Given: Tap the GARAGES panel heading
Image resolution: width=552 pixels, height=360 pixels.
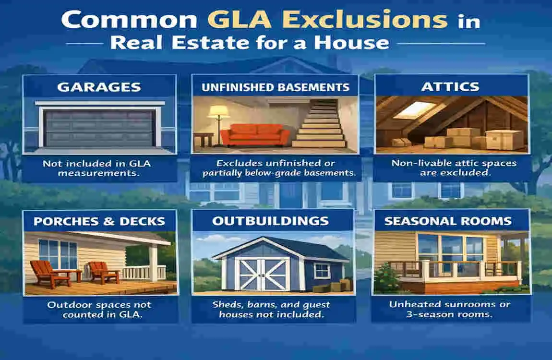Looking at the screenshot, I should pyautogui.click(x=99, y=87).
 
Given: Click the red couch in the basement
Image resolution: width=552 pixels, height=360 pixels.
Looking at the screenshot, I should pyautogui.click(x=255, y=135).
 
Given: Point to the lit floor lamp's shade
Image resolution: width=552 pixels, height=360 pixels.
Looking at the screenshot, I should pyautogui.click(x=217, y=112).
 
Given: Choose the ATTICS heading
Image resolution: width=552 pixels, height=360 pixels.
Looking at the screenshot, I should pyautogui.click(x=451, y=86).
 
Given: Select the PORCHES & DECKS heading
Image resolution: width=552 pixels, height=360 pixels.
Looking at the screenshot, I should pyautogui.click(x=99, y=221).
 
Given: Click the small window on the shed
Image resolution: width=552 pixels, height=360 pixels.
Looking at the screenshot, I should pyautogui.click(x=322, y=271).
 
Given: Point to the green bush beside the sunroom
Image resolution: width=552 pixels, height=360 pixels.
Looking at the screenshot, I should pyautogui.click(x=386, y=277).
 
